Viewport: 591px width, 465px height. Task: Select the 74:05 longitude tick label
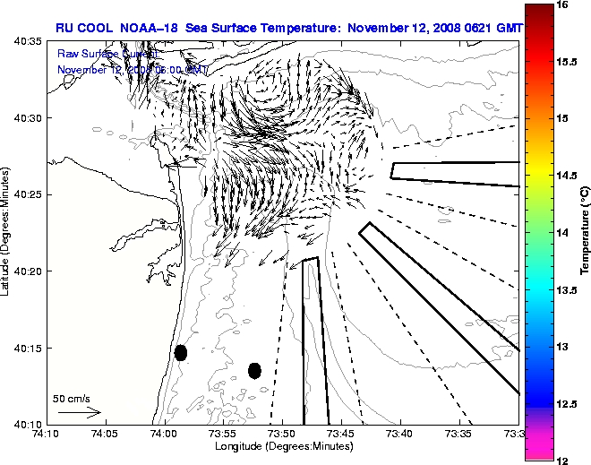pos(104,433)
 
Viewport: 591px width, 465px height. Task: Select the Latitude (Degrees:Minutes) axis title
pos(7,232)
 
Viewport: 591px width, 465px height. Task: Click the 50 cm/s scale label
pos(71,398)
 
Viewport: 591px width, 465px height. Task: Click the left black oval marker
pos(181,352)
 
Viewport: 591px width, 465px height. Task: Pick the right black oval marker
pos(254,370)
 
